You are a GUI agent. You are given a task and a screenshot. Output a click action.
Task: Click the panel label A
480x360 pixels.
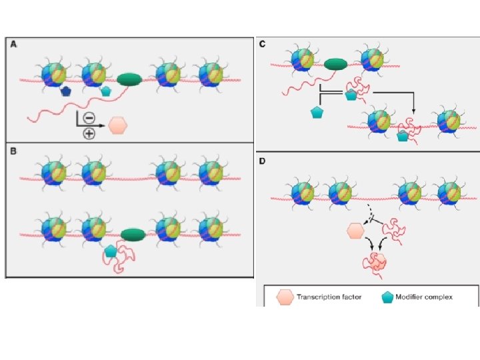pos(13,44)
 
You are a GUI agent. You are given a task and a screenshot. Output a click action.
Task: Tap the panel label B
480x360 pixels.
pos(13,151)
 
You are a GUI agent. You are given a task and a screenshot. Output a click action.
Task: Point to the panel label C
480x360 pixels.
pos(262,44)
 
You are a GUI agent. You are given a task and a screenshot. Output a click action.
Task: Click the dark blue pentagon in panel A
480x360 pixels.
pos(66,91)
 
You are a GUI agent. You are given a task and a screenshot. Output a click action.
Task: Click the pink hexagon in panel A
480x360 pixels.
pos(118,125)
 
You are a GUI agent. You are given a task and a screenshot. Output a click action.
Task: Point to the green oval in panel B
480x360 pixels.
pos(134,234)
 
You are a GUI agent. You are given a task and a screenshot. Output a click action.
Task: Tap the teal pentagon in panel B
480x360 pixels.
pos(111,251)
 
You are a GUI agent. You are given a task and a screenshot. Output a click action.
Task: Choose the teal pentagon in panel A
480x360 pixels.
pos(105,91)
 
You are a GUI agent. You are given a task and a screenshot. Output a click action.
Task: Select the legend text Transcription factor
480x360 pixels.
pos(330,297)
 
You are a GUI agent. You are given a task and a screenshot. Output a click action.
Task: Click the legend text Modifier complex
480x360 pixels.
pos(431,297)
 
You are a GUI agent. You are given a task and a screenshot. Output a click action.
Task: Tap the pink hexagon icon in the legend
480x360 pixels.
pos(285,297)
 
